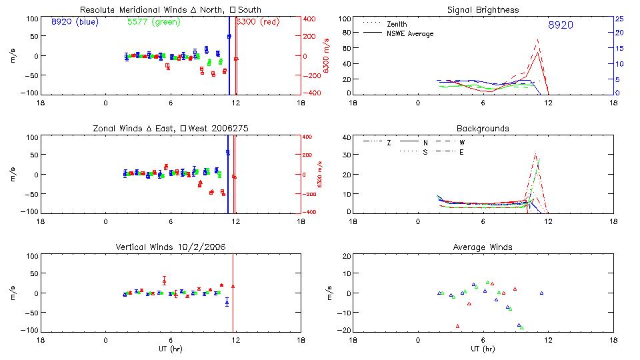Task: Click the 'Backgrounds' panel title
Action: (483, 128)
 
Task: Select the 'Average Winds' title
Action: (483, 247)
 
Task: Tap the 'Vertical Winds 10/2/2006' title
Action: (170, 247)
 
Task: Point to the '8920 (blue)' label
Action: (73, 21)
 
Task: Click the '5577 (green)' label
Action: (151, 21)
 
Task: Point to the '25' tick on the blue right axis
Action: (619, 19)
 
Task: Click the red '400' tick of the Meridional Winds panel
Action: (310, 19)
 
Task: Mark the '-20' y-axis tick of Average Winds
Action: (345, 330)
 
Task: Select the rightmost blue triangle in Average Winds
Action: (542, 293)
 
